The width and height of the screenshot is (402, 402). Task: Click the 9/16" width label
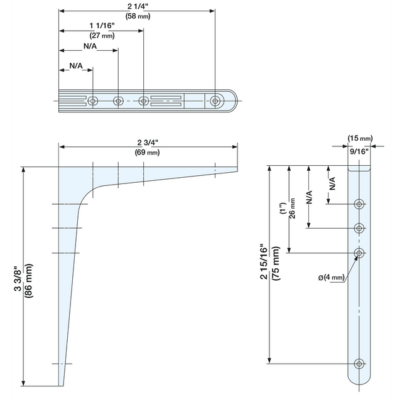359,151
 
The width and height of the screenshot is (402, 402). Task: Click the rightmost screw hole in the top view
216,101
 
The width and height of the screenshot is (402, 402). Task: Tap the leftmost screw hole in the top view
93,101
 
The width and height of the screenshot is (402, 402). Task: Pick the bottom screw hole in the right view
359,363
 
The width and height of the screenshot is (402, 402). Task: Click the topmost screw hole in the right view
359,204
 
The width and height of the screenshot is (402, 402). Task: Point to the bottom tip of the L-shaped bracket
63,384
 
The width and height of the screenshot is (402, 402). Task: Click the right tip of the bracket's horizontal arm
237,169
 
